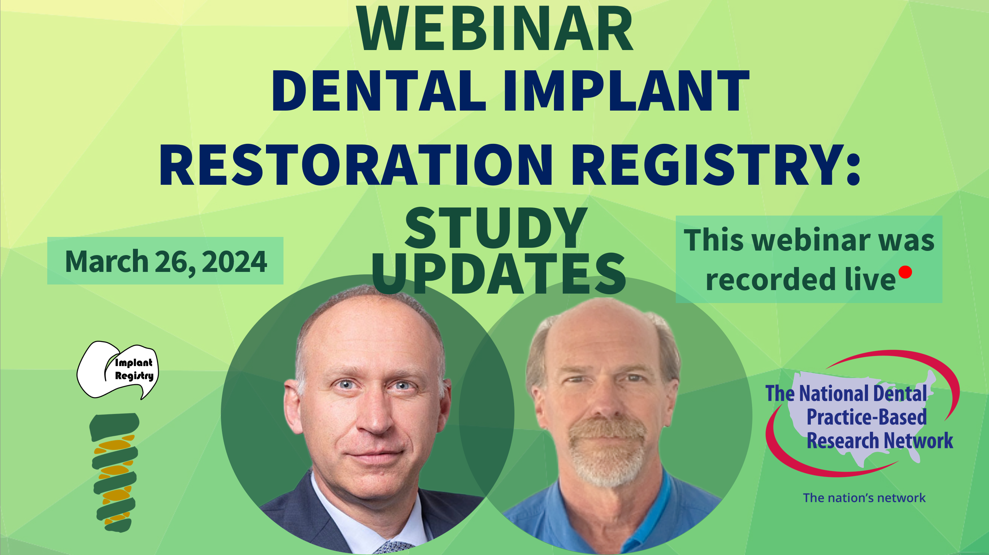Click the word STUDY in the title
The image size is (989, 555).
click(496, 229)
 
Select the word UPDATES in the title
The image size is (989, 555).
click(499, 274)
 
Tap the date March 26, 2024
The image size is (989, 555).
click(166, 262)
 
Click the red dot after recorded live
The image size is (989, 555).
click(905, 272)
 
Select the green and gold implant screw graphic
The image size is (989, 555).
click(114, 472)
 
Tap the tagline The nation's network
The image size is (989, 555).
click(864, 498)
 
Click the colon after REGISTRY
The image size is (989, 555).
click(853, 166)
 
